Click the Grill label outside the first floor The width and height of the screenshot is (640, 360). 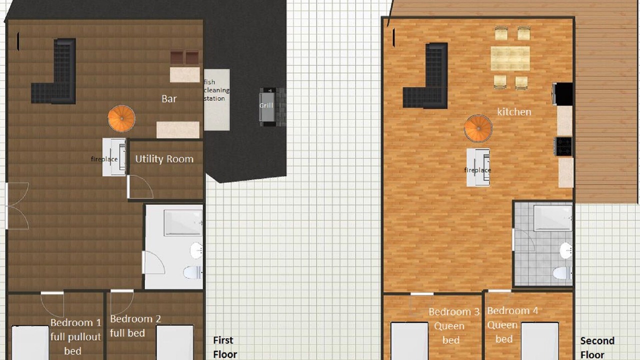tap(266, 105)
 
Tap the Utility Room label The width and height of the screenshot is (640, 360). tap(164, 159)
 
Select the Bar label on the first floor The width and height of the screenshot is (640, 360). tap(169, 99)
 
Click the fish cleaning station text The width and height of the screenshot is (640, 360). tap(216, 90)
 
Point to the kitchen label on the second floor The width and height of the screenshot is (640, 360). tap(514, 111)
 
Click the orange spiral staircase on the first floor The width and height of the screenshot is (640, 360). tap(121, 118)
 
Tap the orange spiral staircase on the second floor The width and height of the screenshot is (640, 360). tap(478, 128)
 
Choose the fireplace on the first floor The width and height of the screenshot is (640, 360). tap(114, 157)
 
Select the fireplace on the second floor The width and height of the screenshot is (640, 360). tap(478, 167)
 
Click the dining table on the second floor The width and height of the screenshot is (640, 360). tap(510, 58)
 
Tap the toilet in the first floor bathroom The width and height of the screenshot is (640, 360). tap(193, 272)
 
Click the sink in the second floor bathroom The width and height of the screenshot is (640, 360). tap(566, 250)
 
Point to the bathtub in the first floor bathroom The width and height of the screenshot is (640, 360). tap(183, 222)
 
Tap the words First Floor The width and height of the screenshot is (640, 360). tap(225, 347)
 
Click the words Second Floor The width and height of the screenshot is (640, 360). tap(597, 347)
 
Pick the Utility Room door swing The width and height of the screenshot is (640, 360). tap(140, 187)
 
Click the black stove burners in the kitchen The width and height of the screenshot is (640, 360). tap(563, 146)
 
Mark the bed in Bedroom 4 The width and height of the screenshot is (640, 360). tap(540, 341)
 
